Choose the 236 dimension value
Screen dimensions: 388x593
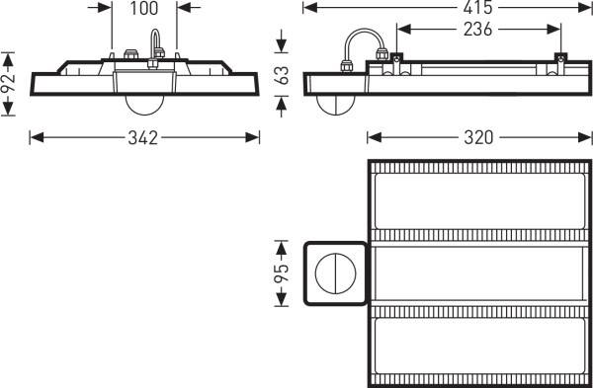[476, 30]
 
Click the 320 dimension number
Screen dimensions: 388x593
[476, 137]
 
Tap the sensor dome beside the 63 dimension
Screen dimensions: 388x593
[336, 103]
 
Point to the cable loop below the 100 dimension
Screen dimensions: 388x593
[155, 44]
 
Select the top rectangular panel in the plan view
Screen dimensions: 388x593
[475, 199]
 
